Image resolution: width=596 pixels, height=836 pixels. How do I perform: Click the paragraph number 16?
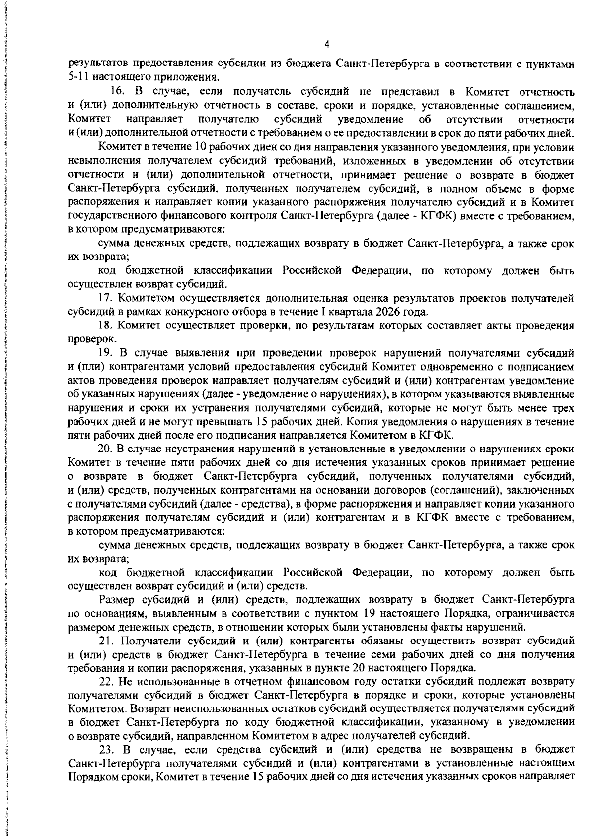click(116, 92)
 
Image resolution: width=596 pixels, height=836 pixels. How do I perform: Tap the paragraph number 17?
click(106, 298)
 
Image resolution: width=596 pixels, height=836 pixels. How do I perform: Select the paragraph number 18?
click(106, 326)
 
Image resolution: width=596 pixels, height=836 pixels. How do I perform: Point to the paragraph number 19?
click(106, 353)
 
